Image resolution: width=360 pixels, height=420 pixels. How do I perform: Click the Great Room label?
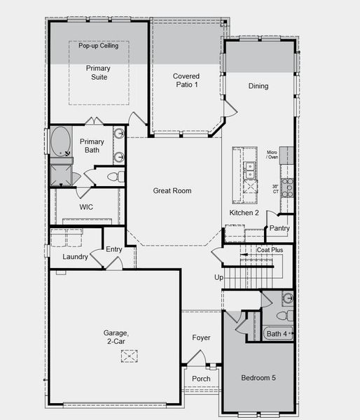click(172, 190)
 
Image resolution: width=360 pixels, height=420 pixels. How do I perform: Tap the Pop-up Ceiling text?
click(98, 46)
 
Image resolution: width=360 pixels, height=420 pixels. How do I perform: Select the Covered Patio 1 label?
click(186, 80)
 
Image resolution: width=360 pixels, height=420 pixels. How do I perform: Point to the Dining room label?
click(258, 86)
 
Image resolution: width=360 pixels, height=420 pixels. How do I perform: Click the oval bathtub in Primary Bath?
click(60, 141)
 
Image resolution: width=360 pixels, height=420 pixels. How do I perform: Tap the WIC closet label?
click(86, 207)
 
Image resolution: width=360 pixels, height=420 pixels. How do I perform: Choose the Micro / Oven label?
click(272, 154)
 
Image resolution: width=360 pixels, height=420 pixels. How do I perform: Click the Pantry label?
click(279, 228)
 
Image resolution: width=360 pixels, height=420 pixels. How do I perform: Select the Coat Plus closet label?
click(270, 249)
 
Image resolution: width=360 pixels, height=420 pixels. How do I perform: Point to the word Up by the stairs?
click(219, 277)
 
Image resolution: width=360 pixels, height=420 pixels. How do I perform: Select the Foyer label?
click(201, 338)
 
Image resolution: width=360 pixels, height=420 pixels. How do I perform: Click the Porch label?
click(201, 379)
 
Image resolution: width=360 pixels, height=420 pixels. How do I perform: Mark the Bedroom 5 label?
click(258, 378)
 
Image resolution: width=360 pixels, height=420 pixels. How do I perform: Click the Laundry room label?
click(75, 257)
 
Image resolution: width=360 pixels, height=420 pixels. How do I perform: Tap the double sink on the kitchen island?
click(249, 169)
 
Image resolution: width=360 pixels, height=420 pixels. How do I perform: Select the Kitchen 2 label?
click(244, 213)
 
